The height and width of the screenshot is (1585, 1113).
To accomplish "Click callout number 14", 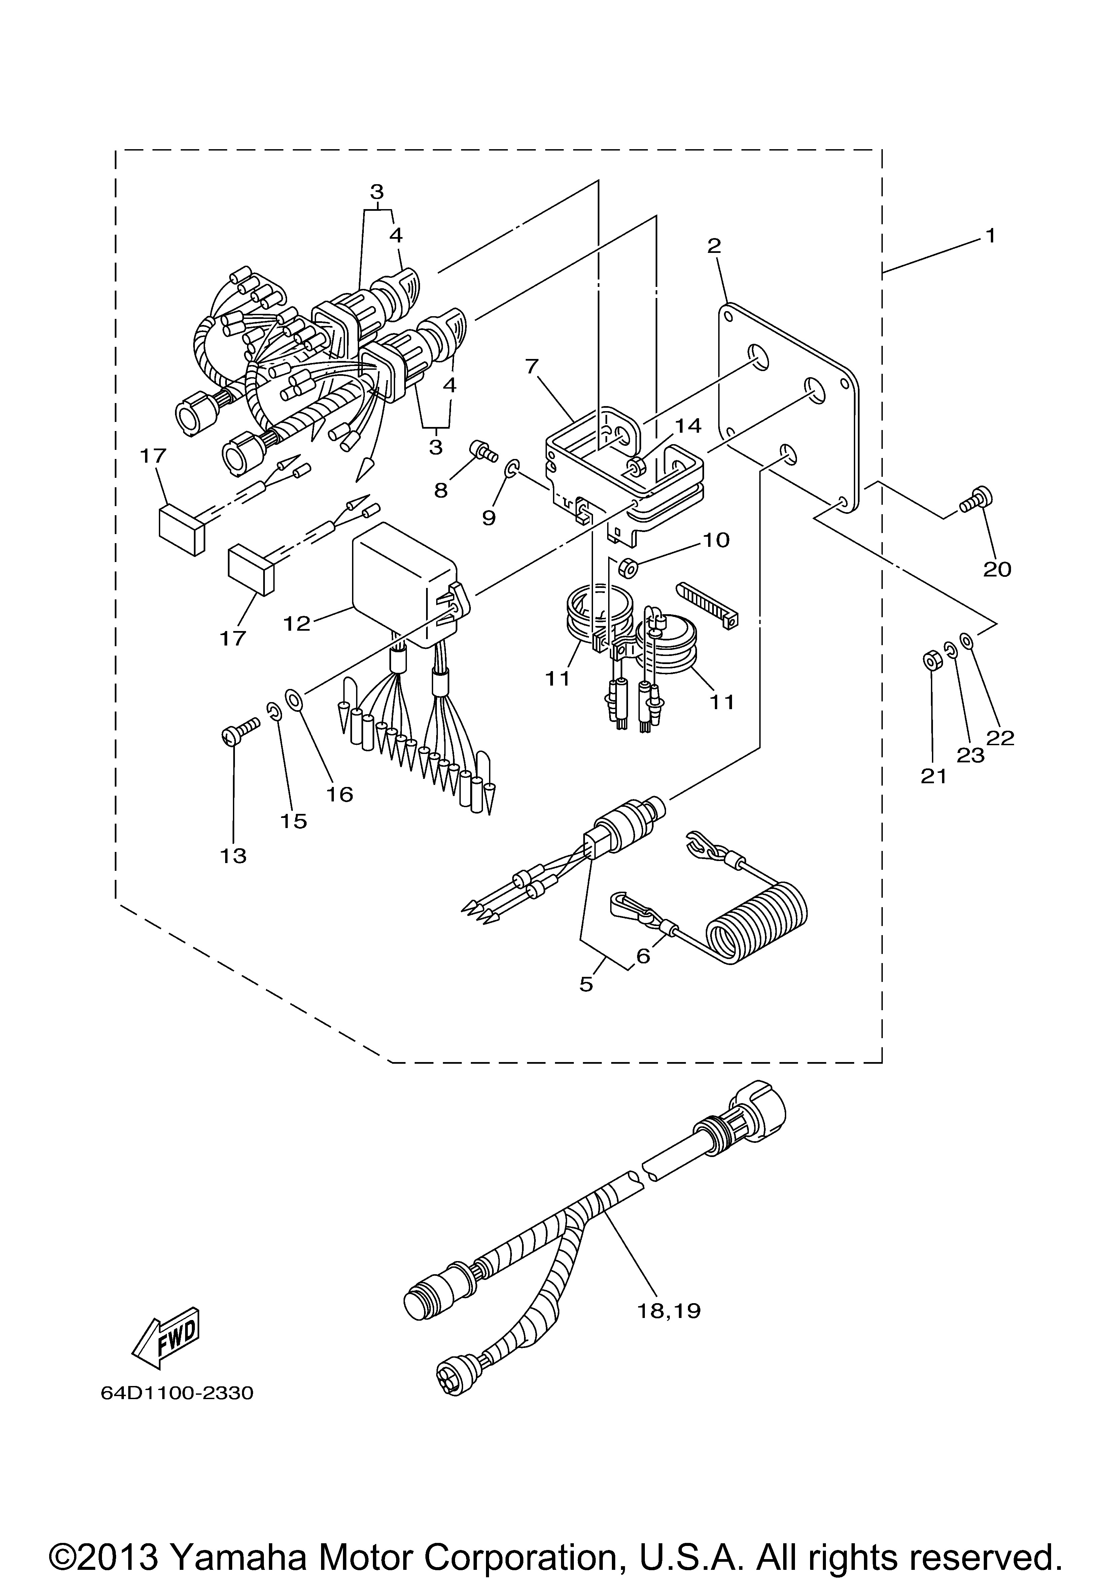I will tap(688, 426).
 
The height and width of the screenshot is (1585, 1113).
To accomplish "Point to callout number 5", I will tap(586, 984).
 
